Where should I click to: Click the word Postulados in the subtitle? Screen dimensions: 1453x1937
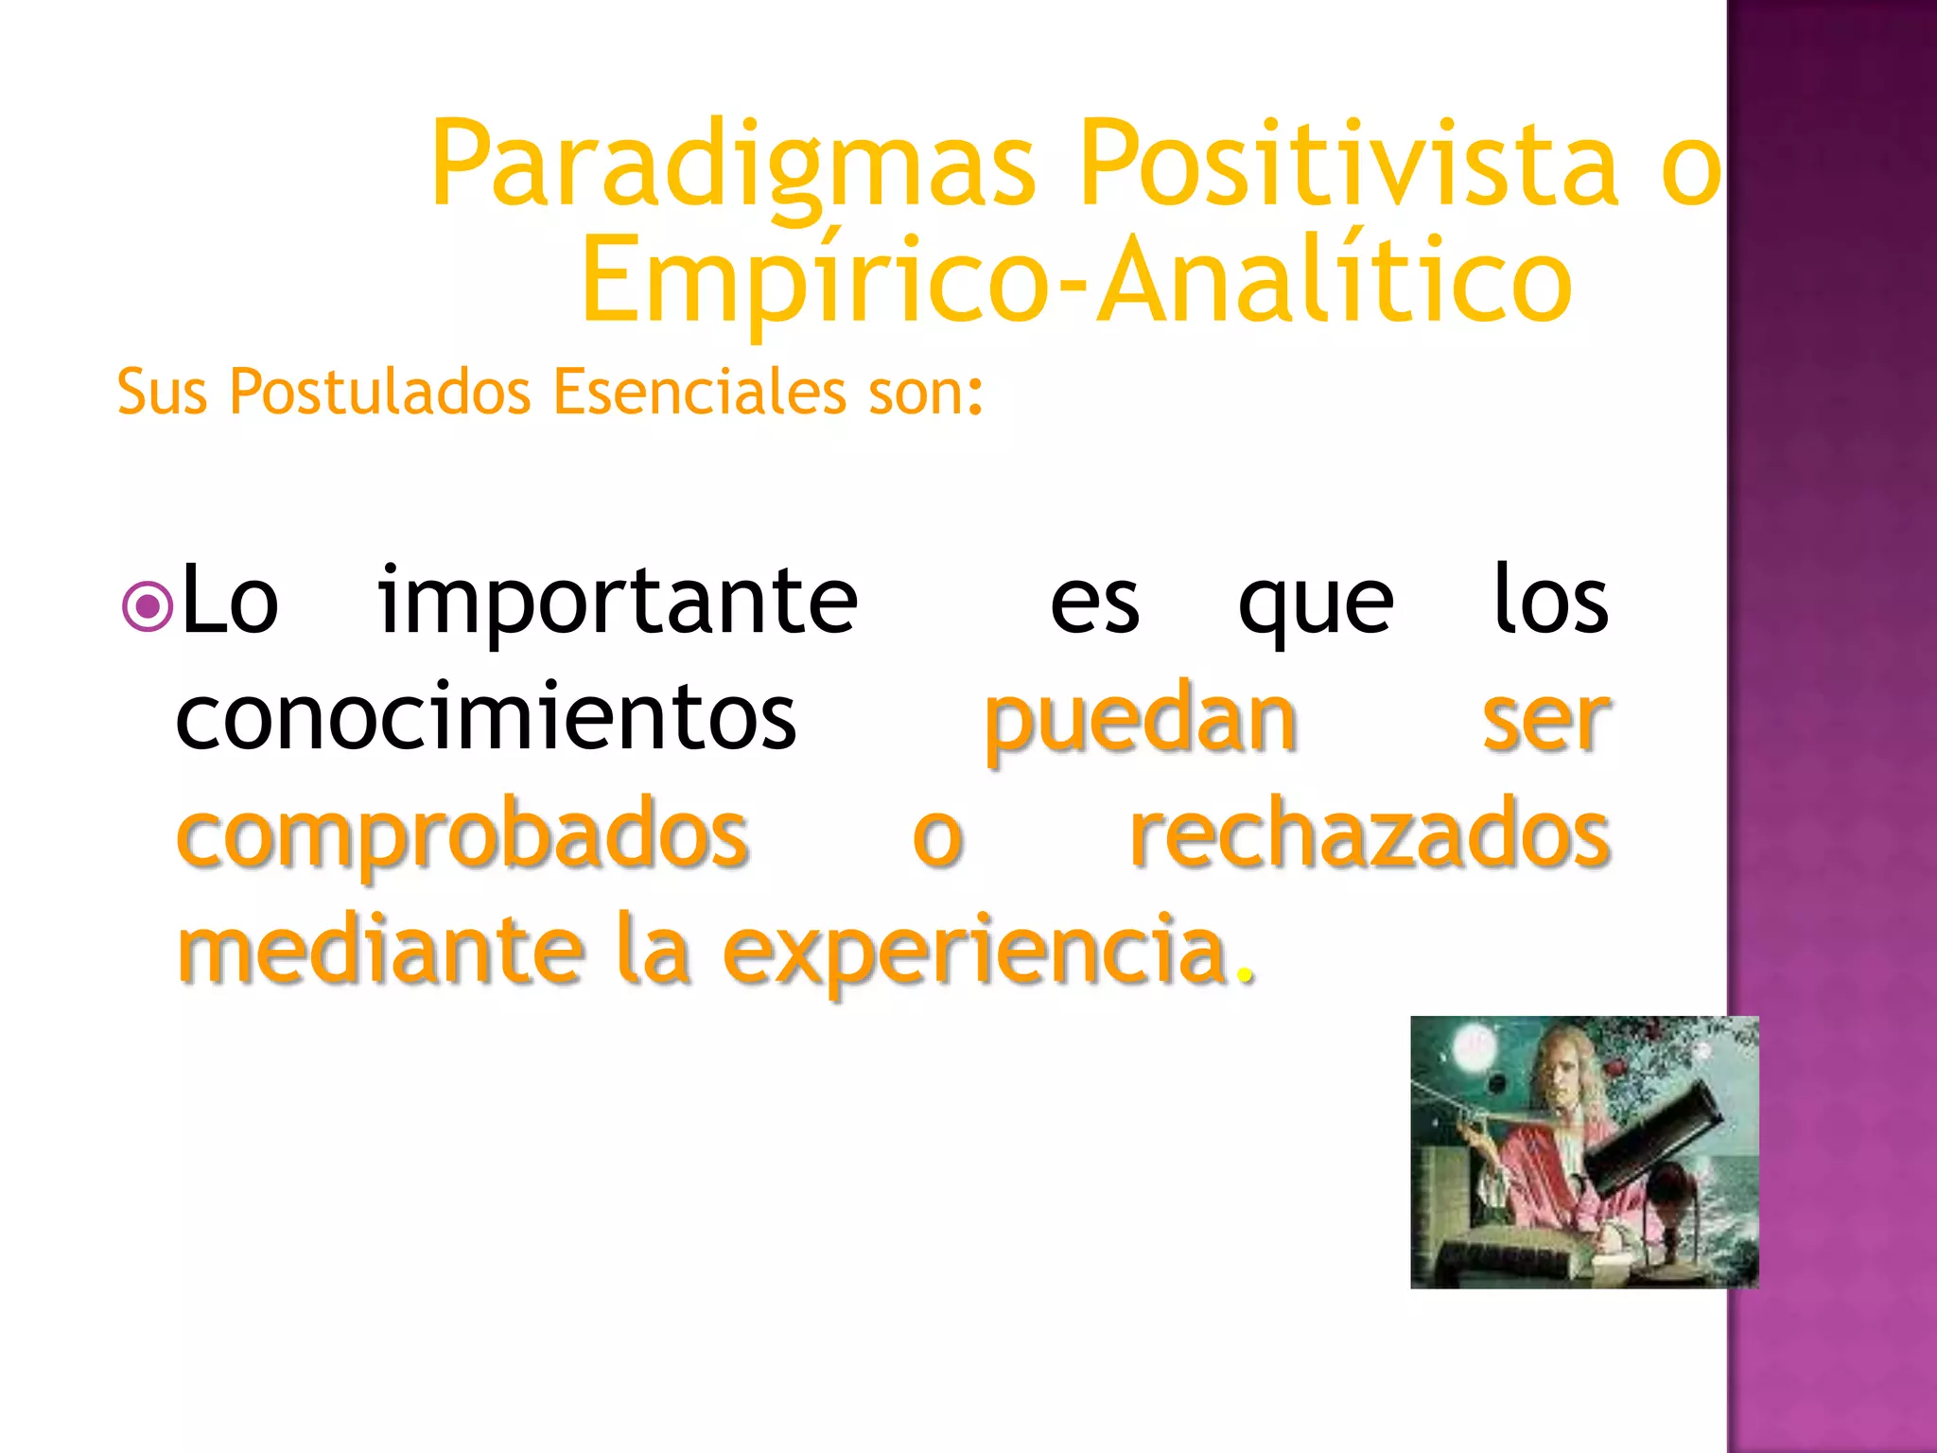(x=379, y=392)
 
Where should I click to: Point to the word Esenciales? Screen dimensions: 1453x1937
(x=699, y=392)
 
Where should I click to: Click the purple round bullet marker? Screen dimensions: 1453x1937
(x=148, y=606)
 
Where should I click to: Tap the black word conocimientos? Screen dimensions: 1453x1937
(x=486, y=719)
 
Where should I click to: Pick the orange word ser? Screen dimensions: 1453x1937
(x=1544, y=721)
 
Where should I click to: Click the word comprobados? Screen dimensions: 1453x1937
(x=462, y=837)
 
